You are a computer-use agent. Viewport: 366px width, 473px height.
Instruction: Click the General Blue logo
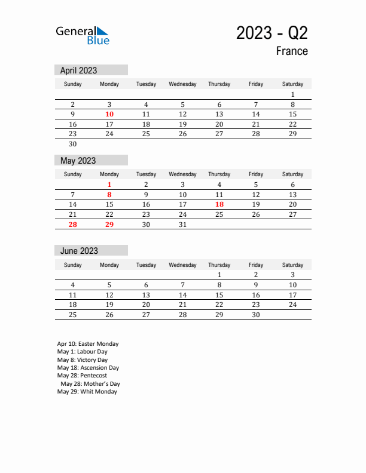pyautogui.click(x=83, y=35)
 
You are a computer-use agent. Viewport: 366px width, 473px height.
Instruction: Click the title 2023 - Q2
pyautogui.click(x=272, y=33)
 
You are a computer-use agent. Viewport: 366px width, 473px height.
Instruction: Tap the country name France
pyautogui.click(x=292, y=51)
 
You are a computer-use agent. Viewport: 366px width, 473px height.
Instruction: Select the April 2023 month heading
pyautogui.click(x=78, y=70)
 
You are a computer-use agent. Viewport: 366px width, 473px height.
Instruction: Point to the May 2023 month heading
pyautogui.click(x=78, y=161)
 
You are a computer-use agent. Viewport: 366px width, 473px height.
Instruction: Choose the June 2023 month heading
pyautogui.click(x=79, y=251)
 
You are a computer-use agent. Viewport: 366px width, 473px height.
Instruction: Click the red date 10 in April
pyautogui.click(x=109, y=114)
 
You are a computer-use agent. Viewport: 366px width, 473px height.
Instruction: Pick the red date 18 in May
pyautogui.click(x=219, y=204)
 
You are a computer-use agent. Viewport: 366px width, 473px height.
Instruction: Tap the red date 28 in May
pyautogui.click(x=72, y=225)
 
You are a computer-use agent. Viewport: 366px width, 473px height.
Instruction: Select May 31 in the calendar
pyautogui.click(x=183, y=225)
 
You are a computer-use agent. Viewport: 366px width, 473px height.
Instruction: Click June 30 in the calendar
pyautogui.click(x=256, y=315)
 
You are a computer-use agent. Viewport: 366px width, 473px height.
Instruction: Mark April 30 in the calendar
pyautogui.click(x=72, y=144)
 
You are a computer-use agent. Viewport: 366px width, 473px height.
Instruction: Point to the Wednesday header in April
pyautogui.click(x=182, y=84)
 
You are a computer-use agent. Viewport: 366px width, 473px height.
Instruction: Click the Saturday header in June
pyautogui.click(x=292, y=265)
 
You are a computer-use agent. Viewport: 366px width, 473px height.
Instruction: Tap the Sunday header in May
pyautogui.click(x=72, y=174)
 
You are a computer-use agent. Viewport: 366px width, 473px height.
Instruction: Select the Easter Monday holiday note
pyautogui.click(x=88, y=344)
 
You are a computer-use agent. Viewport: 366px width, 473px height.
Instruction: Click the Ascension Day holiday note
pyautogui.click(x=88, y=368)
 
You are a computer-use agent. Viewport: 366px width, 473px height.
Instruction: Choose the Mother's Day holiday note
pyautogui.click(x=90, y=384)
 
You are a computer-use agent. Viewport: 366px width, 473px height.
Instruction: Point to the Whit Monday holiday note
pyautogui.click(x=87, y=392)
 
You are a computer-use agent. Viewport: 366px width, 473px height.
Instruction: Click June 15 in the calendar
pyautogui.click(x=219, y=295)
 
